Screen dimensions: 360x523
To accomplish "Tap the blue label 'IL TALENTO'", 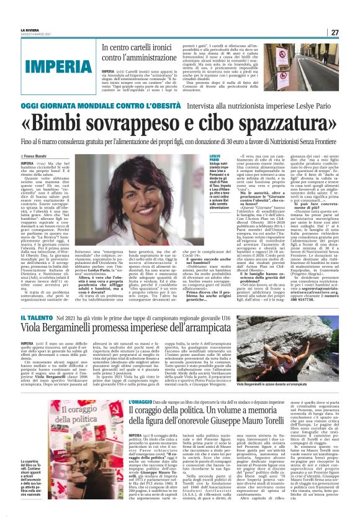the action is click(35, 319).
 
